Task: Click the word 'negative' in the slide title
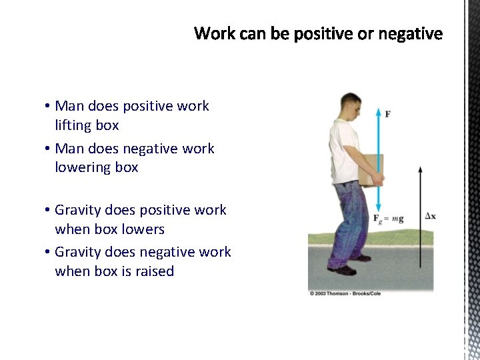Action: (413, 33)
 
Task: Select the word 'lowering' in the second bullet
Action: (82, 167)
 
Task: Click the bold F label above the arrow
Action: (388, 114)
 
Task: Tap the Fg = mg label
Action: (388, 219)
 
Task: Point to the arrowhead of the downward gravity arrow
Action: (378, 209)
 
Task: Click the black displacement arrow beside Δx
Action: (420, 220)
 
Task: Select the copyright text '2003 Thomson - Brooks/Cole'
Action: (347, 294)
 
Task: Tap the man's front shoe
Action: (343, 269)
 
